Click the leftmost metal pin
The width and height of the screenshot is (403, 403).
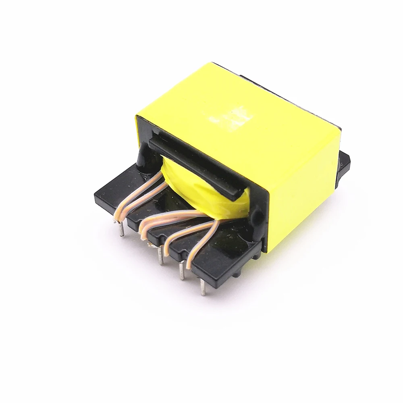coord(121,229)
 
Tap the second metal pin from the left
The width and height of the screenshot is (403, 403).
coord(161,257)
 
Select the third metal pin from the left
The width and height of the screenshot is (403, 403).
coord(183,271)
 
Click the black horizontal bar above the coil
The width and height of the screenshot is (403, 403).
coord(193,165)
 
